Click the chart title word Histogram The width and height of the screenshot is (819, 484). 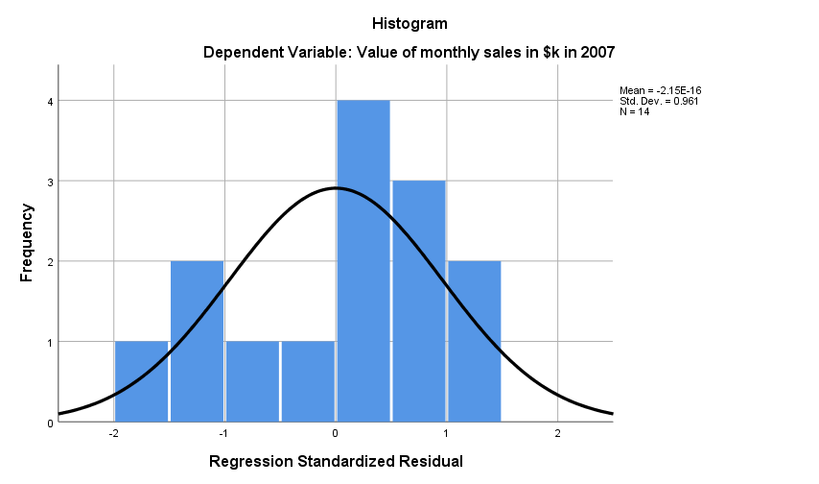click(409, 22)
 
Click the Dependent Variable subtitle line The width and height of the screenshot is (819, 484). click(409, 52)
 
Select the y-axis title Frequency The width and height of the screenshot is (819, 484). click(27, 242)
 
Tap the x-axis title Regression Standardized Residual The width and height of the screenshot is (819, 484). click(336, 462)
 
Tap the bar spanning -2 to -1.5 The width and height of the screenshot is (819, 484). click(141, 382)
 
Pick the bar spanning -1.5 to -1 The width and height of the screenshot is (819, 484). click(197, 342)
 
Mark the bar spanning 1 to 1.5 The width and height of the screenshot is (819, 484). click(474, 342)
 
